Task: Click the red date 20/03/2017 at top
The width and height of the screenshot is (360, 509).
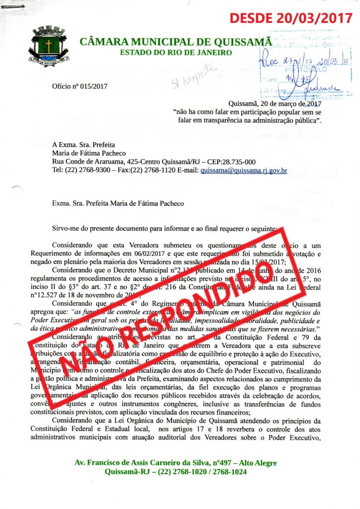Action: pos(313,19)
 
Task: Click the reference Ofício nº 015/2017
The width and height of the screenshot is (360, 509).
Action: pos(79,86)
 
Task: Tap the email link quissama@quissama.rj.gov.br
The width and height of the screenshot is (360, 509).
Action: pos(244,170)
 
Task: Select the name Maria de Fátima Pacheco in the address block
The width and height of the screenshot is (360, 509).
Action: pos(89,153)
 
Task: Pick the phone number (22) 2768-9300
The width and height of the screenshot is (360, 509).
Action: pos(86,170)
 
